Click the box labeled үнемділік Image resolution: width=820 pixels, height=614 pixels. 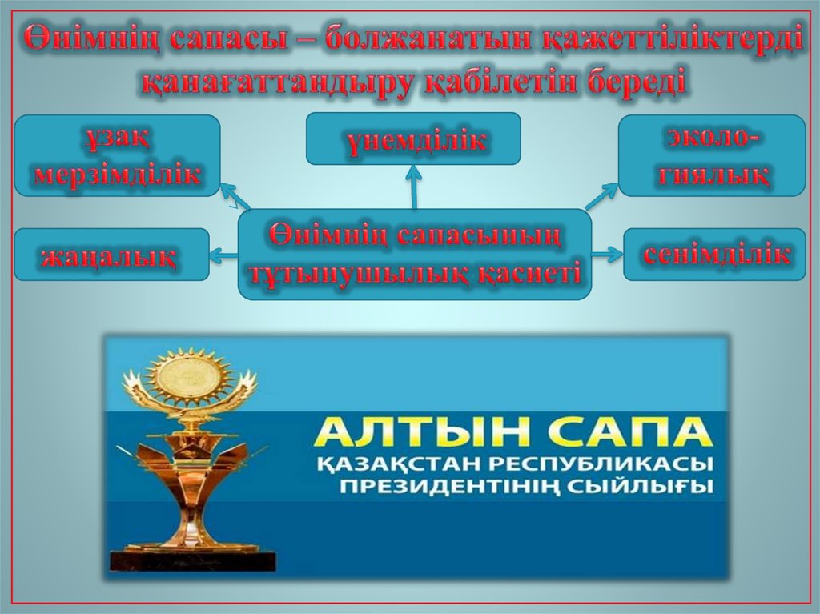click(x=413, y=138)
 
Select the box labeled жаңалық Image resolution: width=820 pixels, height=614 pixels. click(x=112, y=255)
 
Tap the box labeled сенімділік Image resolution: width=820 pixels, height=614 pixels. click(x=714, y=255)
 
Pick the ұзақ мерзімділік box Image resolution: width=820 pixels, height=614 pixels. click(x=117, y=155)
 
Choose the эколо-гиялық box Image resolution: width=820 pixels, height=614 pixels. click(x=712, y=155)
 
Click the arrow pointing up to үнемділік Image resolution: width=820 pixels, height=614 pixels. click(x=414, y=187)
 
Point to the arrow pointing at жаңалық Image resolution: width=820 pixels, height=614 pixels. click(x=224, y=255)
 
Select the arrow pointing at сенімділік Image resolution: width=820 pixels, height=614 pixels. click(x=607, y=255)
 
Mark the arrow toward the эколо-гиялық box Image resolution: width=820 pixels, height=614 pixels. click(x=601, y=196)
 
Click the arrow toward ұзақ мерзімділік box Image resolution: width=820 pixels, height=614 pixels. click(x=235, y=196)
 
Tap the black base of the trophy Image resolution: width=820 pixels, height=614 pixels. click(x=192, y=560)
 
